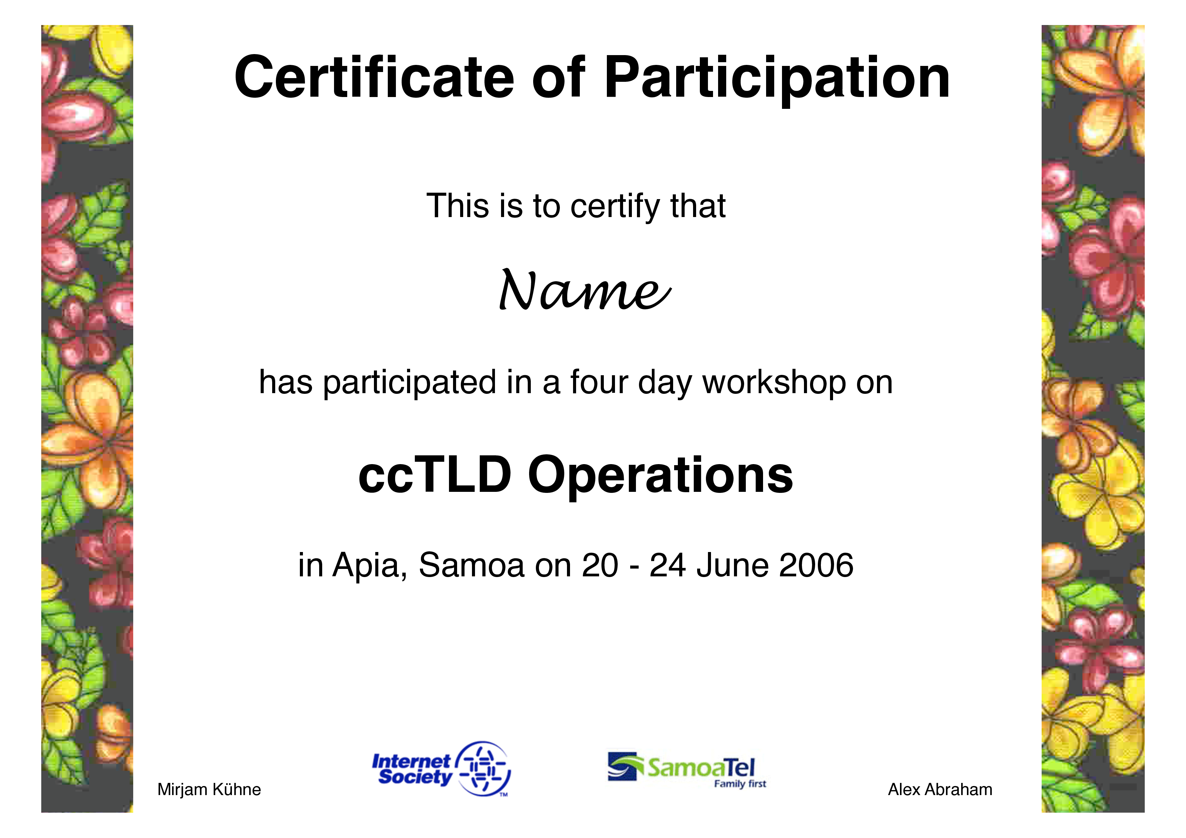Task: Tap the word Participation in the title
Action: click(777, 81)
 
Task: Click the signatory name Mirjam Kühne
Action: click(209, 789)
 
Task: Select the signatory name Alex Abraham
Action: click(940, 789)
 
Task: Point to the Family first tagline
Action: click(740, 784)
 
